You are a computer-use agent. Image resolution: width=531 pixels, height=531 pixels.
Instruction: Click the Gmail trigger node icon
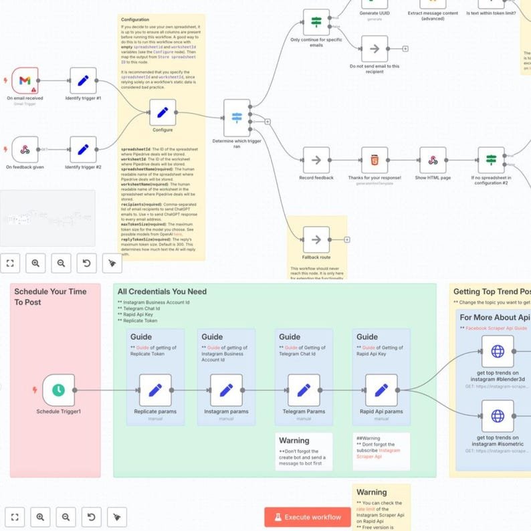[24, 80]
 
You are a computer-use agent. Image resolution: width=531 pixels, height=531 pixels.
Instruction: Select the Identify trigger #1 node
[83, 80]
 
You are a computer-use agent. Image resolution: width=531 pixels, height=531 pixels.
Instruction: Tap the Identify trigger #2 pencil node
[83, 149]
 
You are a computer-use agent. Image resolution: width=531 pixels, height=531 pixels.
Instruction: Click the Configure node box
[163, 113]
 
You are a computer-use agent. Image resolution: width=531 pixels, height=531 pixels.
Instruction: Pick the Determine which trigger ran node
[237, 117]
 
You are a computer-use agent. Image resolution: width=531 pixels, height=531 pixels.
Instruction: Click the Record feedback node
[316, 160]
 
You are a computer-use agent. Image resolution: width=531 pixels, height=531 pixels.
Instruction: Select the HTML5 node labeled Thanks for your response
[375, 160]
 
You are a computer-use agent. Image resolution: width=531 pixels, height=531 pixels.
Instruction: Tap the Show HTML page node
[433, 160]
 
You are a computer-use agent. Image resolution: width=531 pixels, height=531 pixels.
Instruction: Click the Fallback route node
[316, 239]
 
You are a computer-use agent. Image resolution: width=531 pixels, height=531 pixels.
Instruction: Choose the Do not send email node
[375, 49]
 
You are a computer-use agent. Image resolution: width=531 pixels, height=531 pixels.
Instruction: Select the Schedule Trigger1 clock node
[58, 390]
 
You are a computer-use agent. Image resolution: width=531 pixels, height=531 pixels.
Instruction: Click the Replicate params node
[155, 390]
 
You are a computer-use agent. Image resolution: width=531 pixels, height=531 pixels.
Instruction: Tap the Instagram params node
[226, 390]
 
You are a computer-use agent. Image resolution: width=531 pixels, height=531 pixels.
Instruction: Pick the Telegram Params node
[304, 390]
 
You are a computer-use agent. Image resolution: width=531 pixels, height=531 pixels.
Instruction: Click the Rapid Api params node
[381, 390]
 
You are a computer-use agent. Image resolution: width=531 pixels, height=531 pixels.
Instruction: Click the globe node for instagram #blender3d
[498, 351]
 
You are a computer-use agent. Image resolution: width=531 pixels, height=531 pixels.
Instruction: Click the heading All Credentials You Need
[162, 292]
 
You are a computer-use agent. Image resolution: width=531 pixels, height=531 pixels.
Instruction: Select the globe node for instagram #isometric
[498, 416]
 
